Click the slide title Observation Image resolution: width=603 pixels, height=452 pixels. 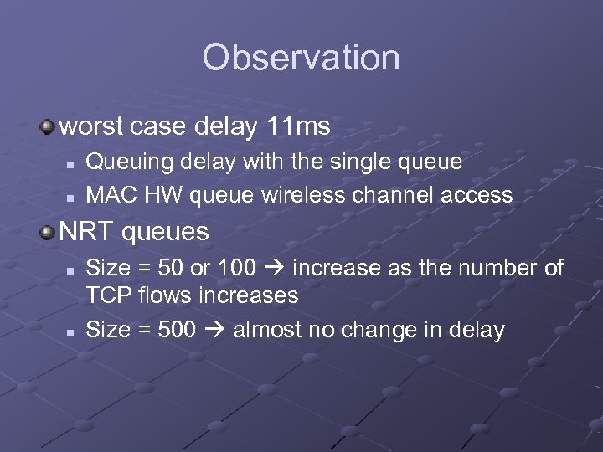coord(301,58)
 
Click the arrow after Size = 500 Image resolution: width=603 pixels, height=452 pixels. coord(214,330)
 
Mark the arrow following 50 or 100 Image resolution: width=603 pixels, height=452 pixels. coord(274,269)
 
